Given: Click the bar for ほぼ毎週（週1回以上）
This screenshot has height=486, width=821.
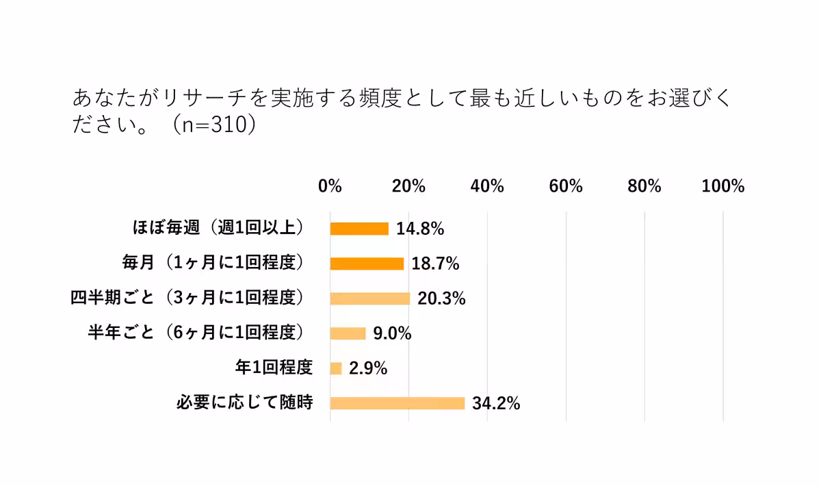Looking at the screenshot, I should [359, 229].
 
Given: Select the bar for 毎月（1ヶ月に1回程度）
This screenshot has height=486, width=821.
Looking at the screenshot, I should [367, 264].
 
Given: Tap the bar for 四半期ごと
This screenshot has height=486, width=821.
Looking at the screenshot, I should [370, 298].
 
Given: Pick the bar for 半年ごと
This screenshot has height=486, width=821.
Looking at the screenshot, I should [348, 333].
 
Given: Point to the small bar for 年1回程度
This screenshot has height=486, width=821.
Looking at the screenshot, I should [336, 368].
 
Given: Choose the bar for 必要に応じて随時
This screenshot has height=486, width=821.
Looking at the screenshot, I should [397, 403].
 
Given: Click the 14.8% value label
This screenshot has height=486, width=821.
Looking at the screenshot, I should [420, 229].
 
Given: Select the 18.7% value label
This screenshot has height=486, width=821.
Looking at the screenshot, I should [435, 264].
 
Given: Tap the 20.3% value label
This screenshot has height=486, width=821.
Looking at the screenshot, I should [441, 299].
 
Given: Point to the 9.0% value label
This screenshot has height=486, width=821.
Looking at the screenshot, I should [392, 334].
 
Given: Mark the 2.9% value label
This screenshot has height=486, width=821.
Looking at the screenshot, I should [368, 369].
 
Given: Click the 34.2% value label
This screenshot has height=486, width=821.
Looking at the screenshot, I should [496, 404].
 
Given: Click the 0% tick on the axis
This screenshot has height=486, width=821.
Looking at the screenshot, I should [330, 186].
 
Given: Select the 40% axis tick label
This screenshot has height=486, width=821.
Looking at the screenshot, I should [487, 186].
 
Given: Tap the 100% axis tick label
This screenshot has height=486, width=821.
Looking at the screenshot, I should [722, 186].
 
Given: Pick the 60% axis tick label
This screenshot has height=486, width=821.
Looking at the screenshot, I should [566, 186].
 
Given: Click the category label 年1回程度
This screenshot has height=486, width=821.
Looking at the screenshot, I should [274, 368].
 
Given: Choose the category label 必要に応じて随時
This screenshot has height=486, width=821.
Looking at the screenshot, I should [244, 402].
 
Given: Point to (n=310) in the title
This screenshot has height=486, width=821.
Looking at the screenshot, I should [213, 127].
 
